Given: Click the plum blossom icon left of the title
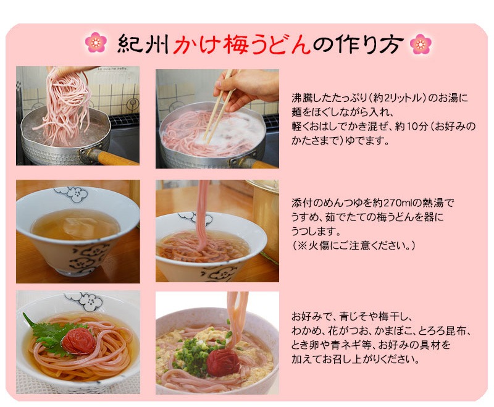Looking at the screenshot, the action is click(x=96, y=42).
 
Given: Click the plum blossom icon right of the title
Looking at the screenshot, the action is click(x=421, y=43).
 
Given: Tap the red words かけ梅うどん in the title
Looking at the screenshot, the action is click(x=241, y=43).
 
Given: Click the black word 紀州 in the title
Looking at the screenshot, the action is click(x=143, y=43).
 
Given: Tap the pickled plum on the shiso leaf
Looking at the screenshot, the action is click(x=79, y=341).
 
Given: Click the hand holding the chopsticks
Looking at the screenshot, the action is click(x=246, y=88).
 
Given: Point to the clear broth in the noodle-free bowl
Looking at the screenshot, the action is click(x=75, y=224).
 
